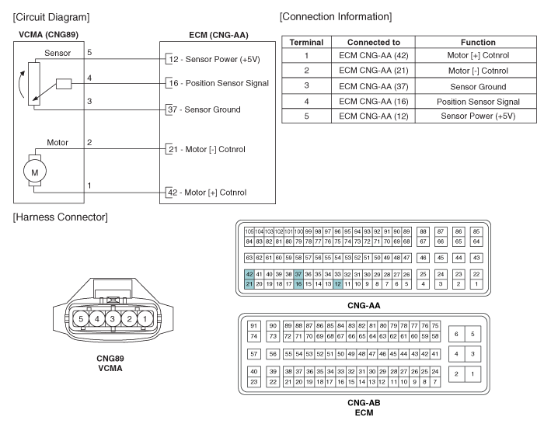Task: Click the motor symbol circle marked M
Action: coord(35,172)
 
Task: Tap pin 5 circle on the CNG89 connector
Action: coord(81,319)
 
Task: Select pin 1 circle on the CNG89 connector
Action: coord(145,319)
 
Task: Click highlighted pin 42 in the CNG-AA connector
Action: coord(249,274)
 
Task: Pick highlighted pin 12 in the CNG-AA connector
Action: coord(337,284)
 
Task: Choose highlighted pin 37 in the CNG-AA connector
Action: coord(298,274)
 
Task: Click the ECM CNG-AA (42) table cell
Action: coord(373,55)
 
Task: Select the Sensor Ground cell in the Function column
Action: coord(478,87)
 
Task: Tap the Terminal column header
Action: coord(306,42)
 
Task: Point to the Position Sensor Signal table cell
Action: coord(478,102)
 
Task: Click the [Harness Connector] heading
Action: coord(61,217)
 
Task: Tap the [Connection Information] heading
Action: coord(336,16)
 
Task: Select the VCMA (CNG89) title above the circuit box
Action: coord(48,35)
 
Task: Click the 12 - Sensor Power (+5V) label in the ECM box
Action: coord(214,59)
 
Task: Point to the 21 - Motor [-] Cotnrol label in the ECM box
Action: coord(207,149)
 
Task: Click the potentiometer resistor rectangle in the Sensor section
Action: coord(34,84)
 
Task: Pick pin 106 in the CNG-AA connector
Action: coord(249,231)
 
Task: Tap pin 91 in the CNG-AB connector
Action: coord(254,326)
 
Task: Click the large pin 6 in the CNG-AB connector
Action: coord(456,334)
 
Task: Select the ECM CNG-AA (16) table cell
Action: coord(373,102)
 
